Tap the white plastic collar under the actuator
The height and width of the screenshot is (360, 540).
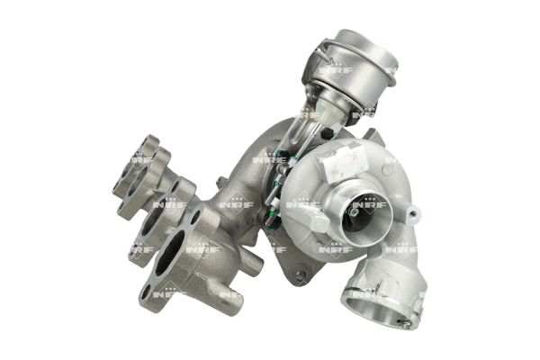coord(331,111)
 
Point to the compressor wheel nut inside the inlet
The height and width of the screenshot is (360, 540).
coord(354,212)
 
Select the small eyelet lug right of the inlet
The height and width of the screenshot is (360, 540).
coord(413,212)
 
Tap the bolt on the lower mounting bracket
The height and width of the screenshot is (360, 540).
coord(301,274)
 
